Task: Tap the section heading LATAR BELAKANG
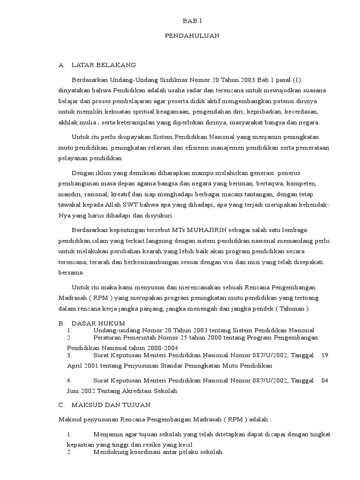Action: pos(104,65)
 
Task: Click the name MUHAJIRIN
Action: pos(209,229)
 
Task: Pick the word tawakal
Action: pos(68,204)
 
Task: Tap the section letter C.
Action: pos(60,404)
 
